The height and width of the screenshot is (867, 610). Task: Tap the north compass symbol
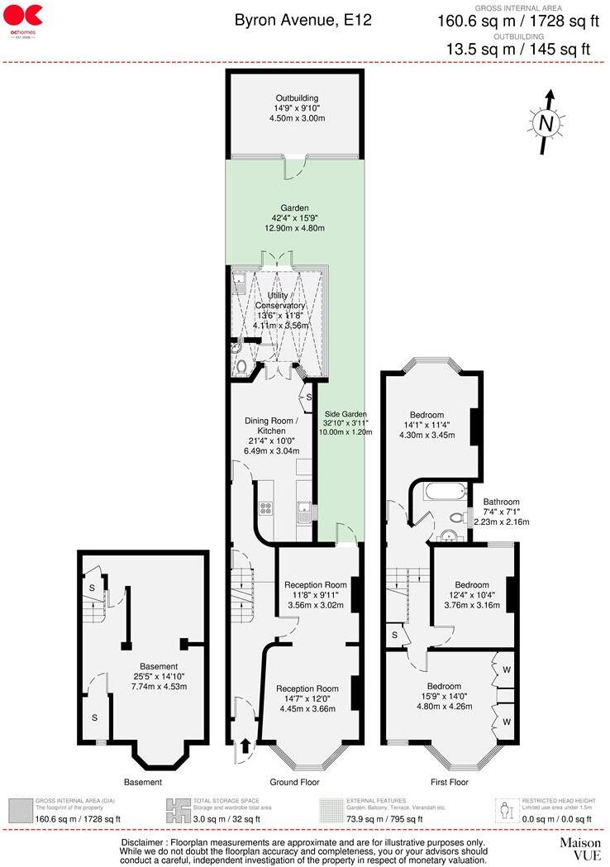tap(545, 123)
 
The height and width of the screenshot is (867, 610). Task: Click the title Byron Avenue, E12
tap(303, 20)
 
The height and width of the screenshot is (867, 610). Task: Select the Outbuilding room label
tap(297, 108)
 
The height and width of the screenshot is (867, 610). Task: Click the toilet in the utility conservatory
tap(241, 364)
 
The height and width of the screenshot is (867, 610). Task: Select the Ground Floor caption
tap(294, 782)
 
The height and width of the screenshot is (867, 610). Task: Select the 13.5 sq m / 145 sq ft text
tap(518, 49)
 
